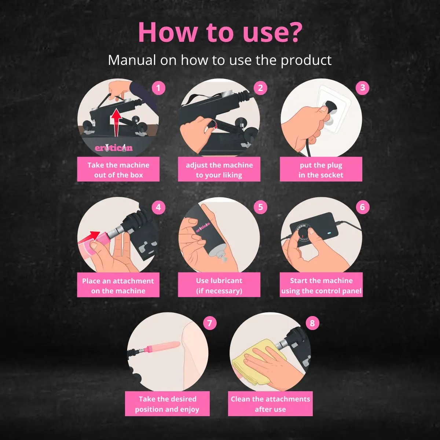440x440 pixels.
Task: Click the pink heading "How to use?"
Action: click(220, 32)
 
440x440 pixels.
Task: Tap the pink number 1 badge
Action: click(158, 88)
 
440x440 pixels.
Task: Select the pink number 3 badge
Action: click(362, 88)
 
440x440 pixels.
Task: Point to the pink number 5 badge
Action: click(261, 207)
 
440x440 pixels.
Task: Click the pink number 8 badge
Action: click(312, 323)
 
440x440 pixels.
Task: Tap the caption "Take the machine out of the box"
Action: click(118, 170)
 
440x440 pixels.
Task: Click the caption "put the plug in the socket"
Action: click(321, 170)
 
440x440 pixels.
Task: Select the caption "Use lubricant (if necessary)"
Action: click(219, 286)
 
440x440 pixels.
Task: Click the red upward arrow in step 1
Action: click(117, 122)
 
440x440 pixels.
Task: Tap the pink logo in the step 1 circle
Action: click(114, 148)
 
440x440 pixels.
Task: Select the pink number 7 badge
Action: click(210, 323)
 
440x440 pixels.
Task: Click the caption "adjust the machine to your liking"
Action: click(219, 170)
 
